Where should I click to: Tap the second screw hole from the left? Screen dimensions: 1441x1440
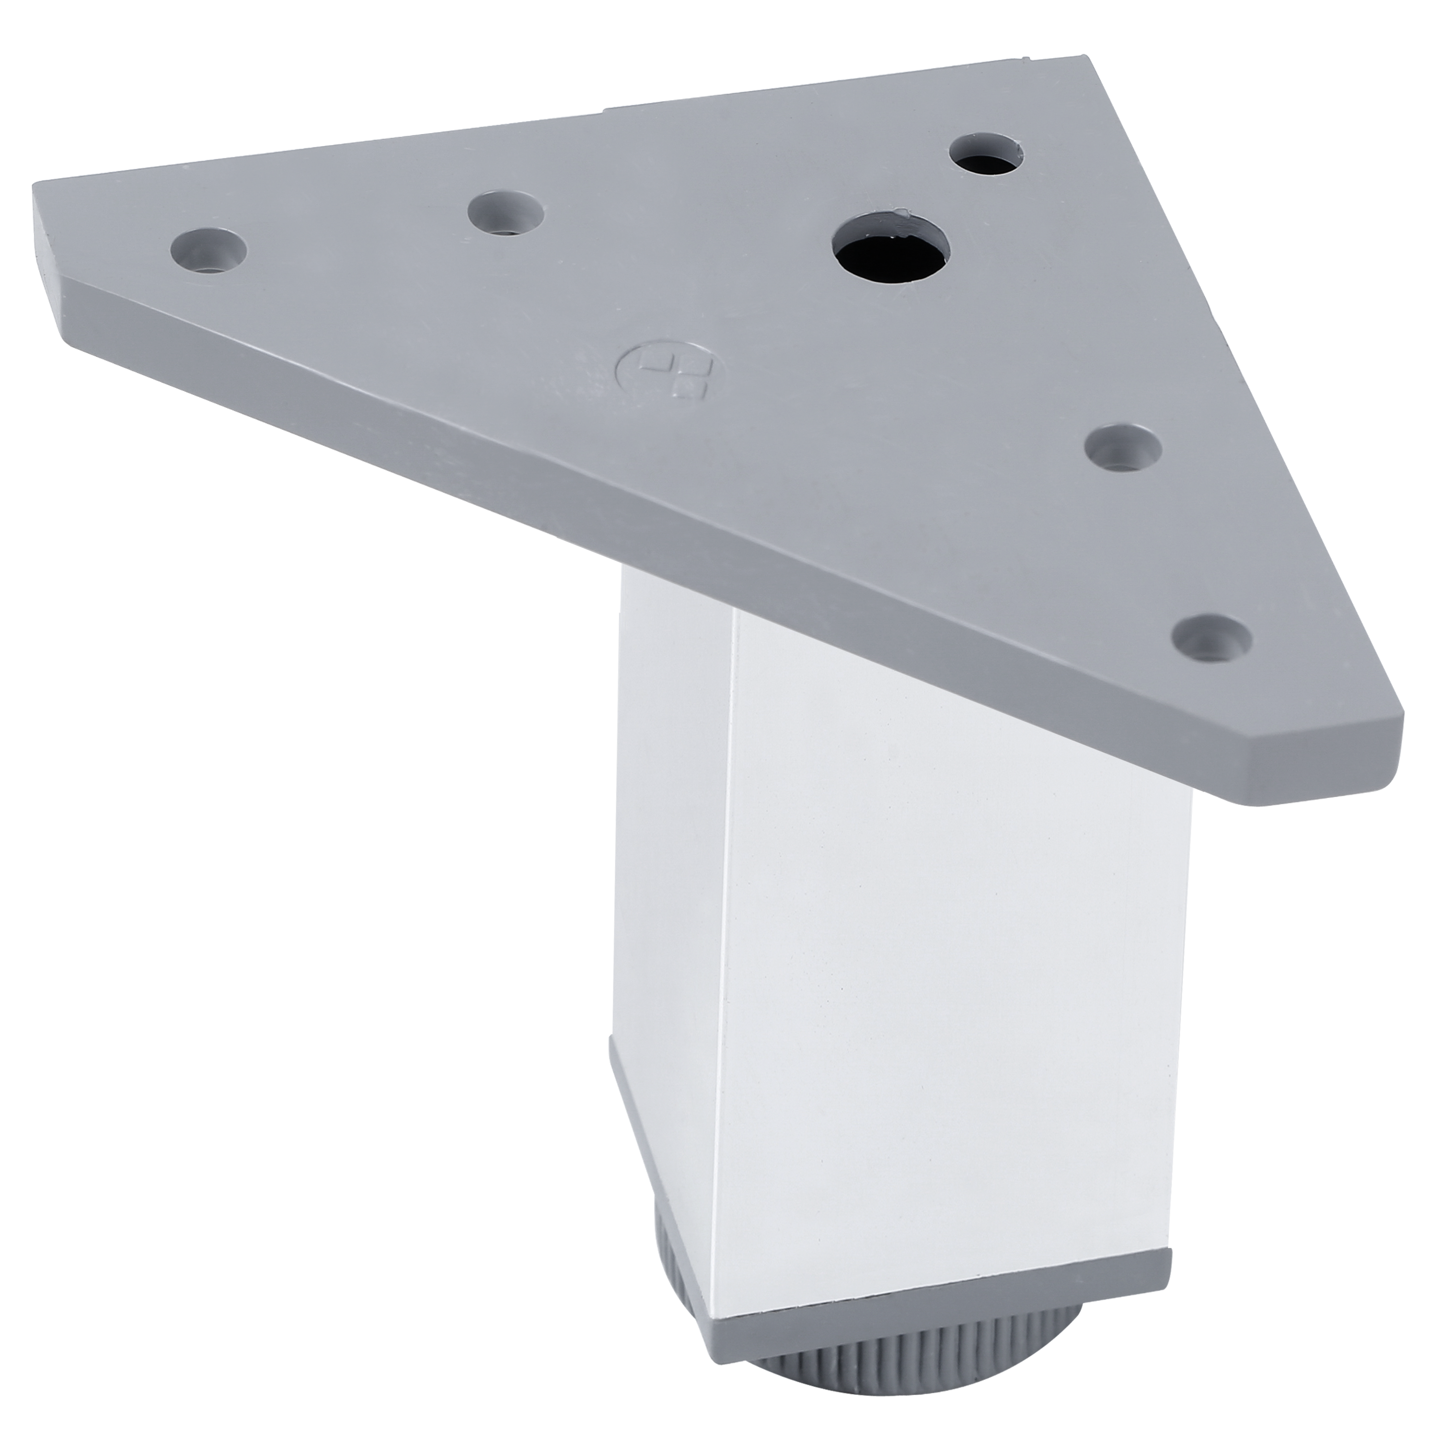(506, 214)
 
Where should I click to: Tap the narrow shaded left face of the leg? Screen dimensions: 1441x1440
(671, 858)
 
